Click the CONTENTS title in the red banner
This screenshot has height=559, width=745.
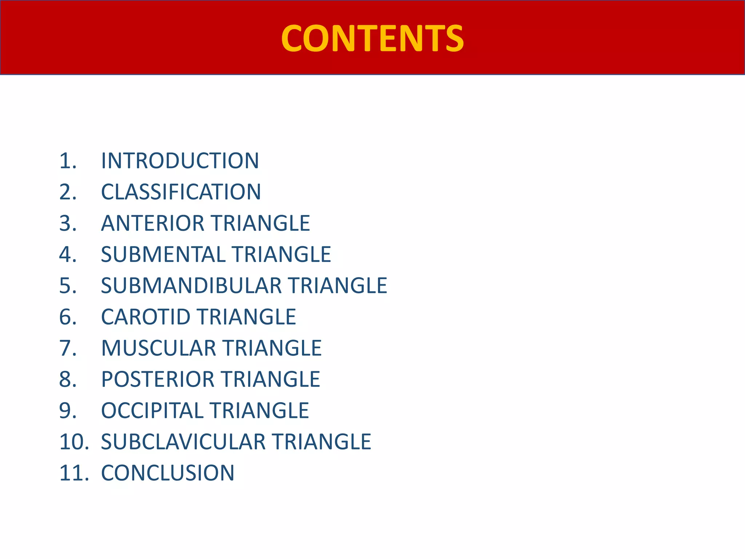[x=372, y=38]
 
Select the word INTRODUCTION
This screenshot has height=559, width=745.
[x=180, y=161]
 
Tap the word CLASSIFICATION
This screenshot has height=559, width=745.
[x=181, y=192]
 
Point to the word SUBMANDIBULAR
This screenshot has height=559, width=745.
[x=191, y=286]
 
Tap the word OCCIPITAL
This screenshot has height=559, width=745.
[x=152, y=411]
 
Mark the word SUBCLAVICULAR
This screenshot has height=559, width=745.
[x=183, y=442]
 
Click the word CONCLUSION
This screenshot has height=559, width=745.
[x=168, y=473]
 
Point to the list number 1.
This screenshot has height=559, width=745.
[x=68, y=161]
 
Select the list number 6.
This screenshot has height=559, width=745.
[x=68, y=317]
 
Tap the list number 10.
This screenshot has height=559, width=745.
[x=74, y=442]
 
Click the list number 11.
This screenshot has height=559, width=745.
[x=74, y=473]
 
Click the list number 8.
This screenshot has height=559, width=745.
[x=68, y=379]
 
